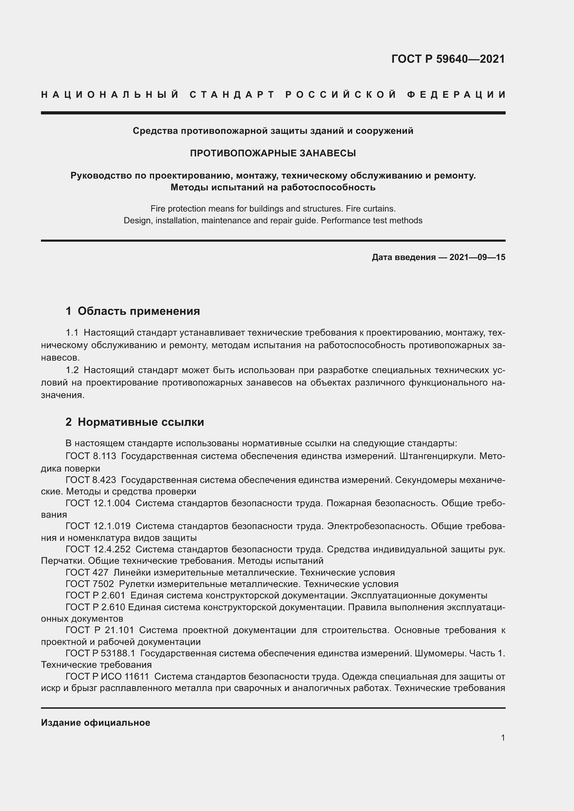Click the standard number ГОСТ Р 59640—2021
(x=448, y=59)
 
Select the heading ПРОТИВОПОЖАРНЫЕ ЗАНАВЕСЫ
(x=273, y=153)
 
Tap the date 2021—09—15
(x=477, y=258)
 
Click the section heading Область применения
(x=138, y=311)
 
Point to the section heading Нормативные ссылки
(x=141, y=422)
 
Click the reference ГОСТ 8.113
(x=91, y=456)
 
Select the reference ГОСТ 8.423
(x=91, y=480)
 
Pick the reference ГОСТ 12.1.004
(x=98, y=503)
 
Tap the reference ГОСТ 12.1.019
(x=98, y=526)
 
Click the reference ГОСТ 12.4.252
(x=98, y=549)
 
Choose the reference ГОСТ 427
(x=87, y=572)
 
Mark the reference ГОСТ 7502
(x=90, y=584)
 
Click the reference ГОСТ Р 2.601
(x=95, y=596)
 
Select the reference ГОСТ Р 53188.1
(x=100, y=654)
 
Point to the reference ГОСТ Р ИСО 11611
(x=107, y=677)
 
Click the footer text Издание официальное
(x=95, y=723)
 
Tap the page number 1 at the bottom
(x=503, y=737)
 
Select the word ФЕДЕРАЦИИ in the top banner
(x=456, y=95)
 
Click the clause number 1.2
(x=72, y=370)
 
